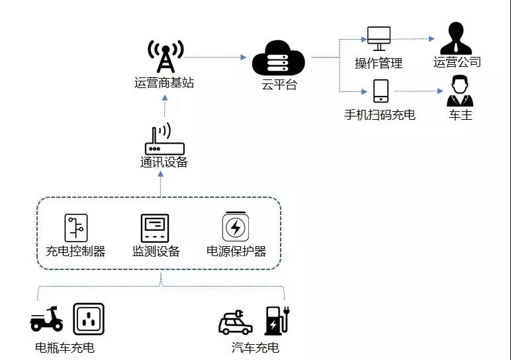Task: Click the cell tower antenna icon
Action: [165, 57]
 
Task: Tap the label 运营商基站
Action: [165, 83]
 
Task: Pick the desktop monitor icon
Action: [379, 38]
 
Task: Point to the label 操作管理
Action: [379, 64]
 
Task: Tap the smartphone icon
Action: [381, 91]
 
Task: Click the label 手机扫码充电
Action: [380, 114]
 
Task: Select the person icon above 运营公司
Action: [457, 38]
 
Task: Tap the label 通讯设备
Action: [164, 163]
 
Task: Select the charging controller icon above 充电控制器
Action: [75, 228]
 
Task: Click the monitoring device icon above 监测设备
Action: [155, 228]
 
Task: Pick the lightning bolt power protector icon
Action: [235, 228]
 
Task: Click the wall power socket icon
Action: [89, 319]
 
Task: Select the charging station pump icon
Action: [277, 320]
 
